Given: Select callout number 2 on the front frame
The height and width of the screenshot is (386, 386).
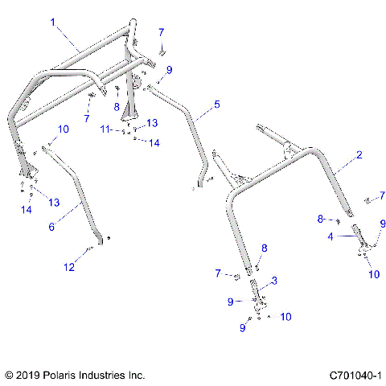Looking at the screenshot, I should pyautogui.click(x=359, y=154).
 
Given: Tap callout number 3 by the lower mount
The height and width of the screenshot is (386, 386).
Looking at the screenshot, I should pyautogui.click(x=274, y=280).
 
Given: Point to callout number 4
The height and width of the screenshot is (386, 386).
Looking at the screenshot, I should pyautogui.click(x=329, y=236).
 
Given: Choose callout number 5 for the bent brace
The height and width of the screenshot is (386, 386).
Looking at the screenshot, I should pyautogui.click(x=216, y=105).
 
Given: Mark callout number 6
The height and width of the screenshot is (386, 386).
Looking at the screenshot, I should pyautogui.click(x=51, y=228).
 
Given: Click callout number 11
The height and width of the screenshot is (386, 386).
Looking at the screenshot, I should pyautogui.click(x=106, y=129).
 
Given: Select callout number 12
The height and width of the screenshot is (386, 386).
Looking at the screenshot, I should pyautogui.click(x=70, y=265).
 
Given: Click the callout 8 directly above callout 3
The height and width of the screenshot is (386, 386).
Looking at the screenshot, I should pyautogui.click(x=264, y=248).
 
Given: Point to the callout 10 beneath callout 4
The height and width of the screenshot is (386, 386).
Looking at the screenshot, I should pyautogui.click(x=373, y=274).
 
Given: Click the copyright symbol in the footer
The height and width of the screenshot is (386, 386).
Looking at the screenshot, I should pyautogui.click(x=9, y=375).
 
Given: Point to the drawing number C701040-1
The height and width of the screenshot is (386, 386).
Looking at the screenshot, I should pyautogui.click(x=354, y=375).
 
